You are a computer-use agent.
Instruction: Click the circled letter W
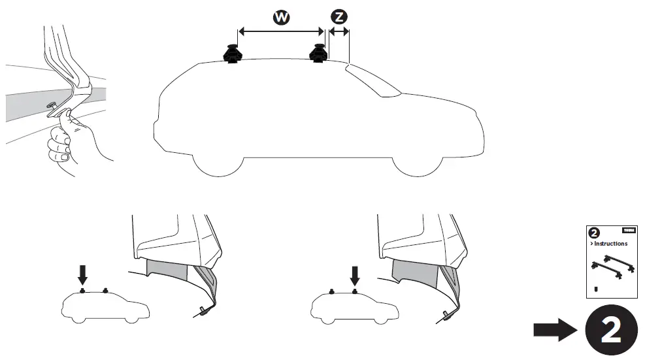281,18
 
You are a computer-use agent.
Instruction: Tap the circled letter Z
339,18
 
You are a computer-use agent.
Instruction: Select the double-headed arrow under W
281,31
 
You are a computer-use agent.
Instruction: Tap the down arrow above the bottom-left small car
83,273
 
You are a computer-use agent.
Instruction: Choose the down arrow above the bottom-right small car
354,273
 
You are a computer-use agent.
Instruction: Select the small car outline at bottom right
352,306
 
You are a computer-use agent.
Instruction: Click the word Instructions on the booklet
610,244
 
